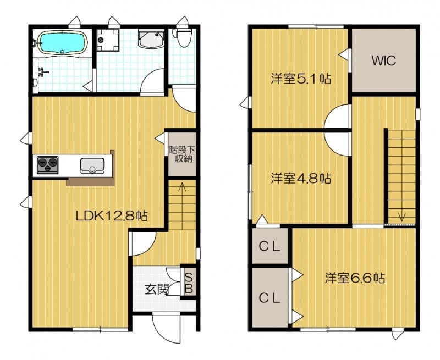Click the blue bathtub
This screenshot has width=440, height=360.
[63, 42]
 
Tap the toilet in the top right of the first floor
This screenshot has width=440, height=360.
[183, 37]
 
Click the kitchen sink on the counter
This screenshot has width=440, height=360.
[92, 165]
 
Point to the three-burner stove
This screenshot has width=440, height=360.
[48, 165]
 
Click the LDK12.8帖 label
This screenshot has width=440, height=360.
[112, 216]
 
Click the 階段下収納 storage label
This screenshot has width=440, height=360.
[182, 154]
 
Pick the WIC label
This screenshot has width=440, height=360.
[383, 60]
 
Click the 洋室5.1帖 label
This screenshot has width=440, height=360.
[301, 79]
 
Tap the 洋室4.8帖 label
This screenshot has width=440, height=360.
[301, 178]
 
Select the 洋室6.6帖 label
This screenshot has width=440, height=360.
[355, 278]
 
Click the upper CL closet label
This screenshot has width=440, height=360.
[269, 247]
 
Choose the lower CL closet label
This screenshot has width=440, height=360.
[269, 298]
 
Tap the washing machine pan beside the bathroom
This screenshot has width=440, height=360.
[108, 40]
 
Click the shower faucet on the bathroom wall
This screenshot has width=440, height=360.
[43, 72]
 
